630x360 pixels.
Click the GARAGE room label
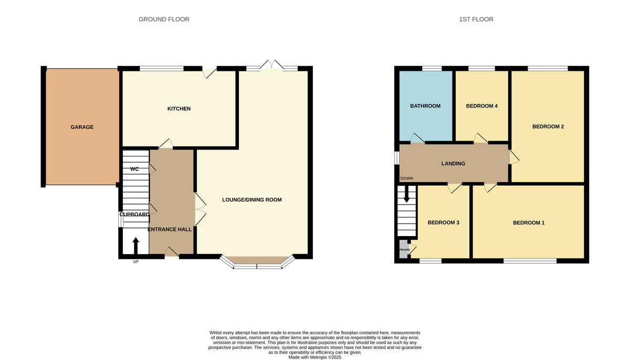[82, 127]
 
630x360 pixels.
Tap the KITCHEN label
[178, 109]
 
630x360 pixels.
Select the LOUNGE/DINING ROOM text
[252, 199]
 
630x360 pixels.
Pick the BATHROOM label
[425, 106]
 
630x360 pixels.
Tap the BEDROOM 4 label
[481, 106]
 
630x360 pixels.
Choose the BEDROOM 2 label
[548, 126]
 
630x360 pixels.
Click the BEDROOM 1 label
[528, 223]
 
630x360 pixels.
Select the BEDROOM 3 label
[443, 223]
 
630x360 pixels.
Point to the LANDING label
[453, 164]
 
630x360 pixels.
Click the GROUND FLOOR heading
[164, 19]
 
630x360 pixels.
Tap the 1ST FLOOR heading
[476, 19]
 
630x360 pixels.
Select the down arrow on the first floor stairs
[406, 195]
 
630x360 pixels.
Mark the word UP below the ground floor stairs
[135, 262]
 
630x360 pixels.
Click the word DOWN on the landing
[406, 178]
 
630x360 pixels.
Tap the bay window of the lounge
[257, 262]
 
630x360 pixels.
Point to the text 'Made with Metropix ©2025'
[315, 357]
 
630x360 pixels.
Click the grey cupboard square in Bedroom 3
[404, 249]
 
